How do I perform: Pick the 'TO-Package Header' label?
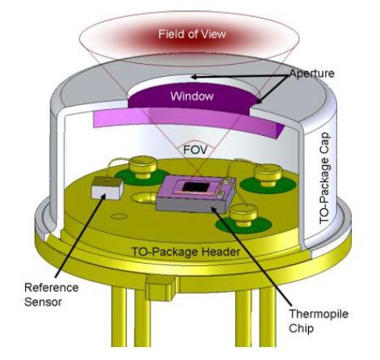pos(185,252)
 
